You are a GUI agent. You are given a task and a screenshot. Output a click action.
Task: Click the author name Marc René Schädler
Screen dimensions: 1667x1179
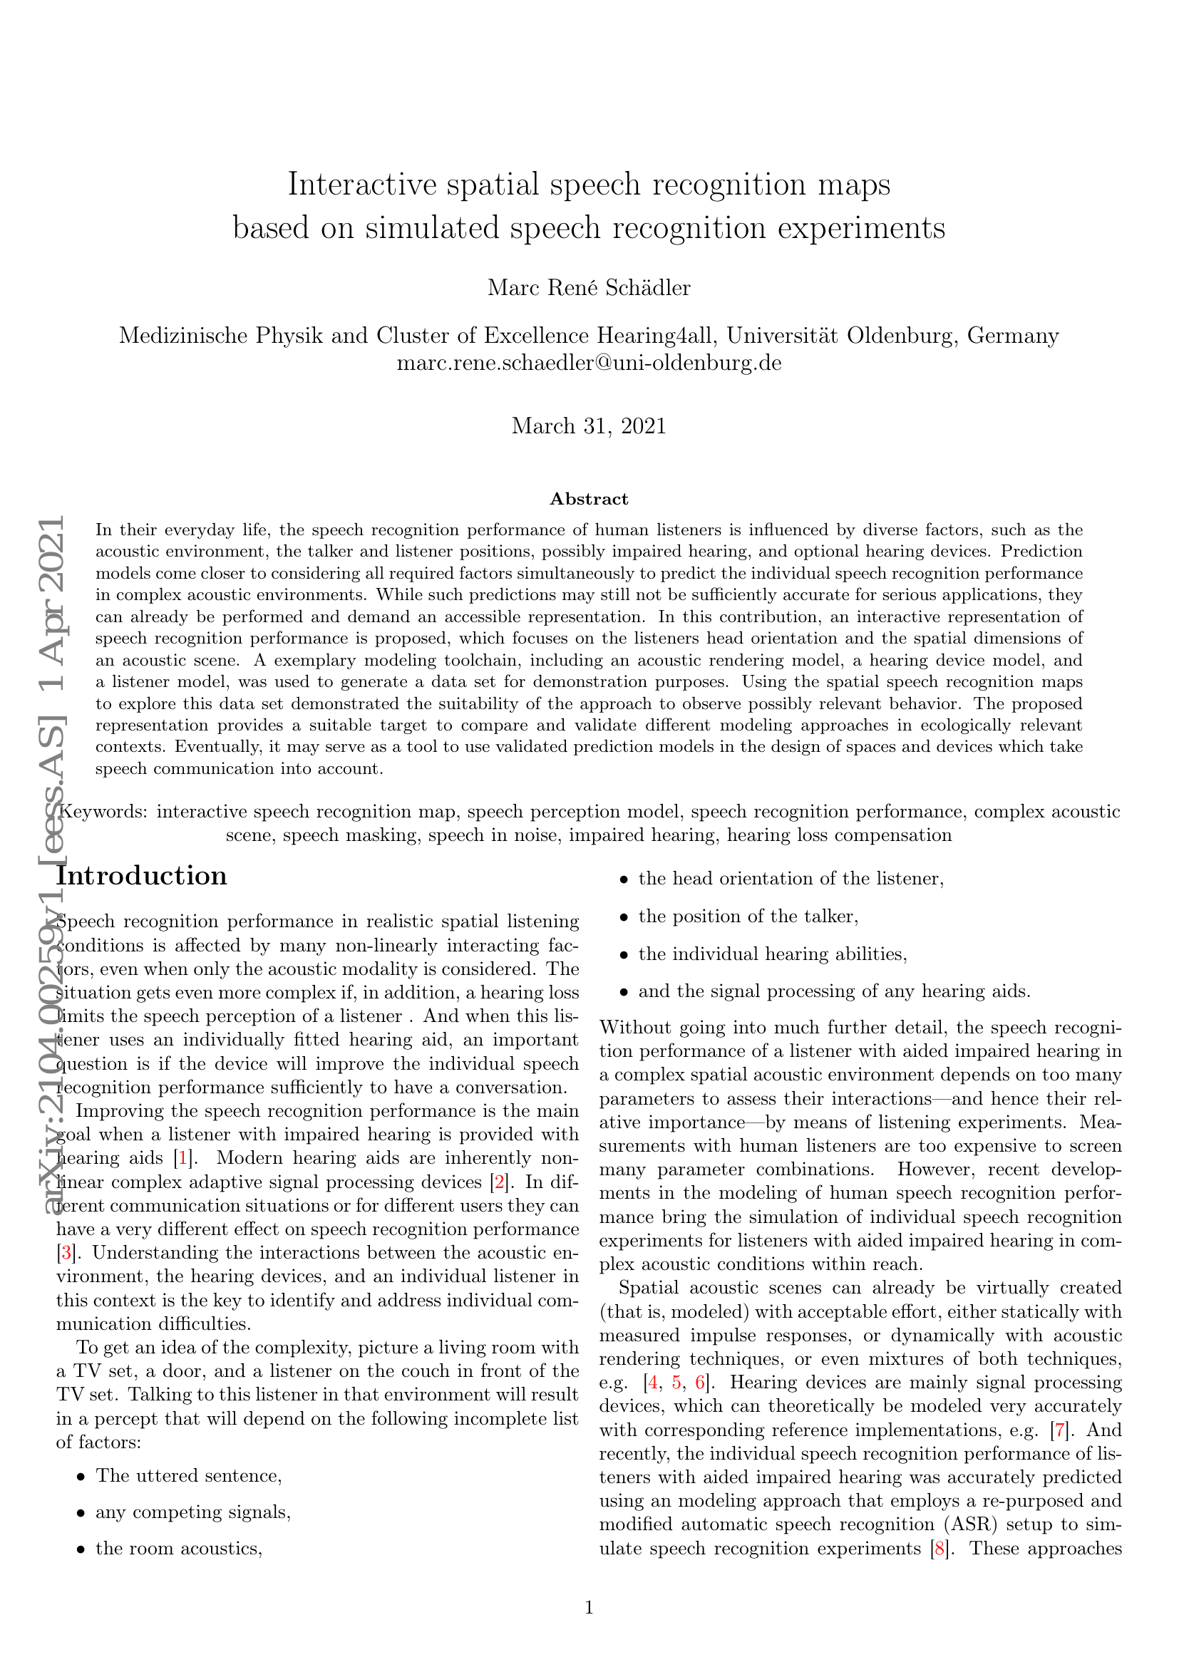(589, 287)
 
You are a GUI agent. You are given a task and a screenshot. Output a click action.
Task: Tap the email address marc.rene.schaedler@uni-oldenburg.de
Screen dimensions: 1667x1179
(589, 362)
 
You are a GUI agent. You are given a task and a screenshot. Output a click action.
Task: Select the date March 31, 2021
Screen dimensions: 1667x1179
(589, 425)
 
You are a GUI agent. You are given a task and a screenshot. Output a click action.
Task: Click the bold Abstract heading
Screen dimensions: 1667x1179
(589, 499)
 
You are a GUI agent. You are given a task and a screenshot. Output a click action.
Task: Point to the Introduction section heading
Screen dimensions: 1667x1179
(143, 876)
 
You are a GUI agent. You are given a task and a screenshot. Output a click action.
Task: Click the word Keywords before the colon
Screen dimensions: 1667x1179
(103, 811)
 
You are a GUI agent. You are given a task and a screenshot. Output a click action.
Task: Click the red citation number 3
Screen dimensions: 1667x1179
(66, 1252)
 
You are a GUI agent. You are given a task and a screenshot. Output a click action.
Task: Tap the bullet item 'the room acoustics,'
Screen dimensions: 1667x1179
(179, 1548)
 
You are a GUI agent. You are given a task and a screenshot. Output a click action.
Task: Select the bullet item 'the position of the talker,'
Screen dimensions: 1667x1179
(748, 917)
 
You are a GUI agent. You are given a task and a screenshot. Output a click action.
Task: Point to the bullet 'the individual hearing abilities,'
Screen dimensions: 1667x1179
(773, 954)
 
